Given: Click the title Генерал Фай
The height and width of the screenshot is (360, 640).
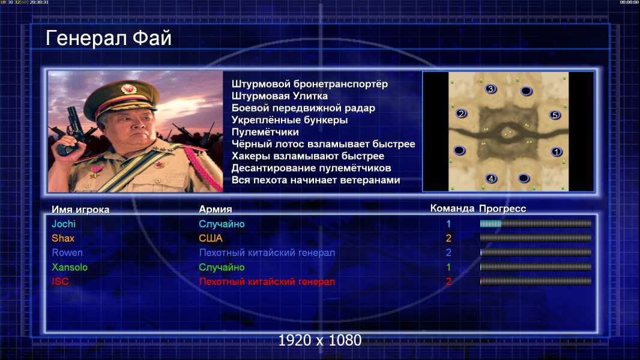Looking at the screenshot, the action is coord(109,38).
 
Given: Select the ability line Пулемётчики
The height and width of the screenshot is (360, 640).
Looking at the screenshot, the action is coord(265,132).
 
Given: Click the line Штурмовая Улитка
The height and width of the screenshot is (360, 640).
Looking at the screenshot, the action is coord(280,96).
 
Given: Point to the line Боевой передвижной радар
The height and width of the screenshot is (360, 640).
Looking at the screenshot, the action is coord(303,108).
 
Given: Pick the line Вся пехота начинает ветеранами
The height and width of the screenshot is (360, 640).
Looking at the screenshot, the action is coord(316,180).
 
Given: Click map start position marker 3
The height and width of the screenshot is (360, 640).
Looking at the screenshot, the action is coord(491,89).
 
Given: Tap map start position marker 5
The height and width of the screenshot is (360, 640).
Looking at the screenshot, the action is coord(555,115).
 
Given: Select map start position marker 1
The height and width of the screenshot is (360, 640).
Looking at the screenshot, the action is coord(557,152).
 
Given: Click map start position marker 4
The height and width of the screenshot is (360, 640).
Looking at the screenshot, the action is coord(492,179).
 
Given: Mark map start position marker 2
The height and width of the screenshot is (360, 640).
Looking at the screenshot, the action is coord(461,113).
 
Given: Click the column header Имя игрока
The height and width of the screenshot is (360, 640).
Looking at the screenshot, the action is coord(80,209).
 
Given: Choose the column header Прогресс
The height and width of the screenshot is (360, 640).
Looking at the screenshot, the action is coord(503,209).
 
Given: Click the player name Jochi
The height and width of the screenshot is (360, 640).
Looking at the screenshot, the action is coord(64,224).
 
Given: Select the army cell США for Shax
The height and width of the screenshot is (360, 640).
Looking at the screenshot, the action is coord(211,238).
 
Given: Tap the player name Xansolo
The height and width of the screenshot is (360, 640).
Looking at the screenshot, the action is coord(70,267).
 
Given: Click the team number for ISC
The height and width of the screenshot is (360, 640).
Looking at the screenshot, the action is coord(448,281).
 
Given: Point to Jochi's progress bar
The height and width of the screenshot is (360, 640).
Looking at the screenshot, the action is coord(536,223).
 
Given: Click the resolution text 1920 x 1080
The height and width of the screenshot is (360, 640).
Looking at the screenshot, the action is coord(319,340).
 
